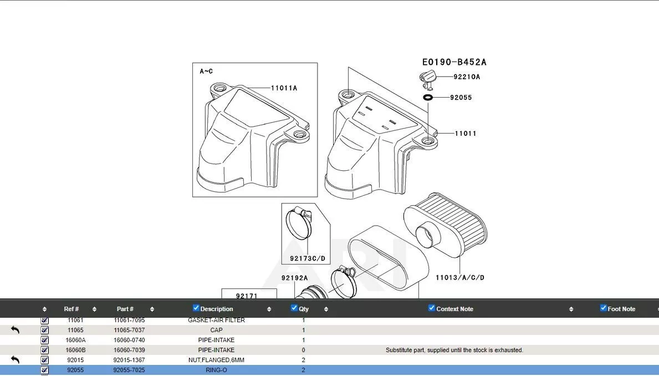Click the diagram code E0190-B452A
tap(454, 62)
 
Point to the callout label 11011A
tap(284, 88)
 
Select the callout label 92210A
tap(467, 77)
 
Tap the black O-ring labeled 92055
tap(428, 98)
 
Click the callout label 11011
tap(466, 134)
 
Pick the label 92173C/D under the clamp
tap(307, 258)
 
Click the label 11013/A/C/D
tap(459, 277)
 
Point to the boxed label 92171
tap(247, 296)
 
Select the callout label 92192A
tap(294, 278)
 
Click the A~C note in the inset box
tap(206, 72)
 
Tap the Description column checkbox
tap(196, 308)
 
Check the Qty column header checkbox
tap(294, 308)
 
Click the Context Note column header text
tap(454, 309)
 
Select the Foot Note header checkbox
tap(604, 308)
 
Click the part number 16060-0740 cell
tap(129, 340)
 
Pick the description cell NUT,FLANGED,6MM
tap(216, 360)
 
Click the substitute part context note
tap(454, 350)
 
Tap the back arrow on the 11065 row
tap(15, 330)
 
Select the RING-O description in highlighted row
tap(216, 370)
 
